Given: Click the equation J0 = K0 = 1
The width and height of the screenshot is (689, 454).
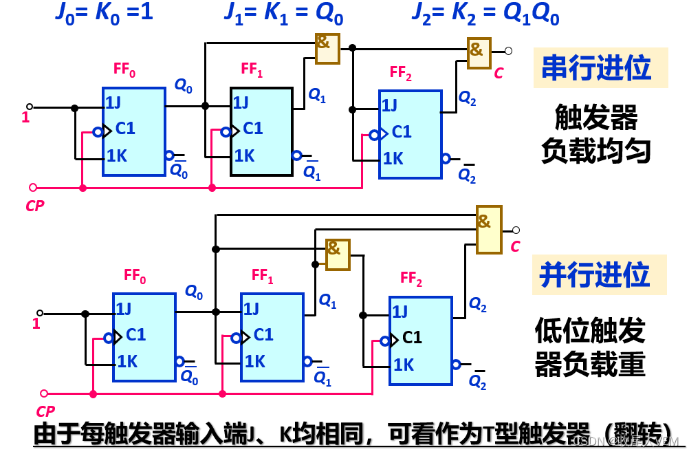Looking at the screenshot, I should [104, 12].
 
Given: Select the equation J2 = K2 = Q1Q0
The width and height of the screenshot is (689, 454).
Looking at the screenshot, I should [485, 14].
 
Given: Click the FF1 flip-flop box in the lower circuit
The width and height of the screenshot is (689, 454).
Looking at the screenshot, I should [272, 336].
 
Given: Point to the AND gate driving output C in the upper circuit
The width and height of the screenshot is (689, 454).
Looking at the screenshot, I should [479, 52].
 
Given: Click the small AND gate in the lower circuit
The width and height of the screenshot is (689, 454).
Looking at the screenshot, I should [337, 252].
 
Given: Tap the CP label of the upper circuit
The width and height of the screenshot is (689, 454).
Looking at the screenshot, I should [35, 205].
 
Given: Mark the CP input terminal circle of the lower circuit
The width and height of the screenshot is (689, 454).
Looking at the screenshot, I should [44, 393].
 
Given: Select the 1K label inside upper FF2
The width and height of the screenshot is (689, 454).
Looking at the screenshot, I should [393, 158].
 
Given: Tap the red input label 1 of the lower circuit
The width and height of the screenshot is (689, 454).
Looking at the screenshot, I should [36, 323].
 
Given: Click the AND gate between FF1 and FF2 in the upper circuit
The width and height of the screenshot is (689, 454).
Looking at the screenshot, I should [327, 48].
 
